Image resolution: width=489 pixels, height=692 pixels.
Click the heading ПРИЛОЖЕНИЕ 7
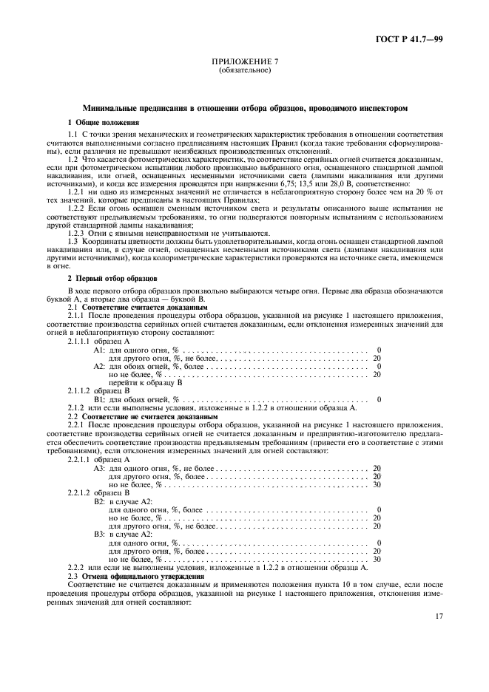point(244,64)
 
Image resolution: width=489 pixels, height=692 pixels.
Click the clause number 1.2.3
point(78,233)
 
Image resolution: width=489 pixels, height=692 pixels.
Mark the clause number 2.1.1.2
point(81,391)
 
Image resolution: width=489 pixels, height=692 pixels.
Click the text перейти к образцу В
point(145,383)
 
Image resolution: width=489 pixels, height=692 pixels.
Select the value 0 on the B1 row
point(378,399)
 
